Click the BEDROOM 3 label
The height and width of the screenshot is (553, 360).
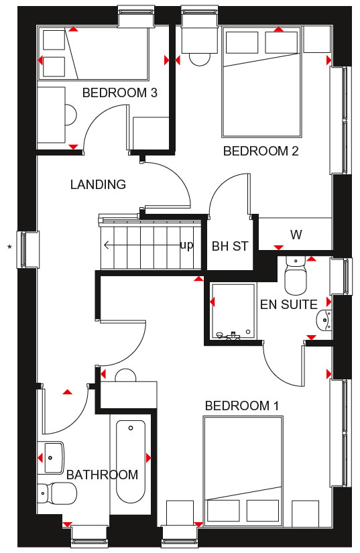tap(119, 93)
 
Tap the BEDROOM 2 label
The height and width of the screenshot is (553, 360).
tap(261, 151)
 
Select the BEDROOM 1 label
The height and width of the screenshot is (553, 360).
tap(242, 406)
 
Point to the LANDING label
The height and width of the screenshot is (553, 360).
tap(98, 184)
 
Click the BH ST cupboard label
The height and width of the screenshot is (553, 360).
tap(230, 246)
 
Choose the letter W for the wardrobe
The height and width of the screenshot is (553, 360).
tap(296, 235)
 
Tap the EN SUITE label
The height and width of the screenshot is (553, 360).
tap(289, 304)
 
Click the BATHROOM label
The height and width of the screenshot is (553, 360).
tap(103, 475)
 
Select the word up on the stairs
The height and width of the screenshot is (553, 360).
tap(186, 245)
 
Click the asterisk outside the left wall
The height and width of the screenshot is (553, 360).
tap(9, 247)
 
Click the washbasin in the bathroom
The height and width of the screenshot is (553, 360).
tap(54, 457)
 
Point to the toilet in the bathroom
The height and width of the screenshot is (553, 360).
tap(57, 494)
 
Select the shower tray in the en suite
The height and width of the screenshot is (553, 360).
tap(233, 312)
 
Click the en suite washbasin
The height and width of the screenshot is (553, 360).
tap(324, 320)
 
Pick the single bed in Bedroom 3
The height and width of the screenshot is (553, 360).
tap(93, 54)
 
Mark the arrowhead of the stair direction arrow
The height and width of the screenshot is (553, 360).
tap(105, 245)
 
